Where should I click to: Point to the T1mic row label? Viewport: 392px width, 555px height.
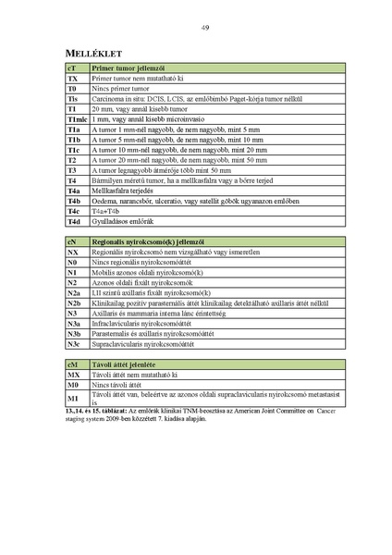coord(76,120)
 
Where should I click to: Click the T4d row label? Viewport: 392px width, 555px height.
coord(74,222)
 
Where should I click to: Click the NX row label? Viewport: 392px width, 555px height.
coord(73,252)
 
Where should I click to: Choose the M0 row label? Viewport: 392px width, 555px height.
coord(73,386)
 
